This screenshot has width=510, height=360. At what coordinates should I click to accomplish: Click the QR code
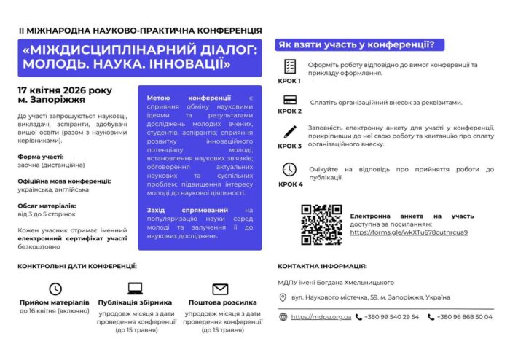pos(321,224)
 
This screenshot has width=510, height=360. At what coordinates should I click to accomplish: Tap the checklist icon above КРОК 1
pos(289,66)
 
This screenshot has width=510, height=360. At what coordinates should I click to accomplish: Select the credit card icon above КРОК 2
pos(289,100)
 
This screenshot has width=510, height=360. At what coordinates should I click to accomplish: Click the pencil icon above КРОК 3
pos(289,132)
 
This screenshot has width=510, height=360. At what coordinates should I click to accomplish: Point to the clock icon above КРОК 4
pos(289,169)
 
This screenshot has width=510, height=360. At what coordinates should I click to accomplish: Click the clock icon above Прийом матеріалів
pos(55,289)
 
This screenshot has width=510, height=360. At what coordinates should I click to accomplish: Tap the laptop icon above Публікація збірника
pos(136,289)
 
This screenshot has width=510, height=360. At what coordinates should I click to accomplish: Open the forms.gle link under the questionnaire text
pos(409,232)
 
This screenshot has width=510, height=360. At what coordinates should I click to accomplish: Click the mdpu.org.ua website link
pos(321,317)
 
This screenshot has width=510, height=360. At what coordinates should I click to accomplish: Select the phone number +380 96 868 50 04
pos(464,317)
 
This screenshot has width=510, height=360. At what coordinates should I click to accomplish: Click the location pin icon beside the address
pos(283,297)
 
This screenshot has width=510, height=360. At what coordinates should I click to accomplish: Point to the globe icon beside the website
pos(283,317)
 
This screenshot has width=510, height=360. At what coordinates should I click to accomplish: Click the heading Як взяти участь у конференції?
pos(356,45)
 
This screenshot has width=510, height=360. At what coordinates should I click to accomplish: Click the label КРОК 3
pos(289,146)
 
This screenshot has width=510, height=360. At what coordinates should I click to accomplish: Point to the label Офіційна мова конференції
pos(64,180)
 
